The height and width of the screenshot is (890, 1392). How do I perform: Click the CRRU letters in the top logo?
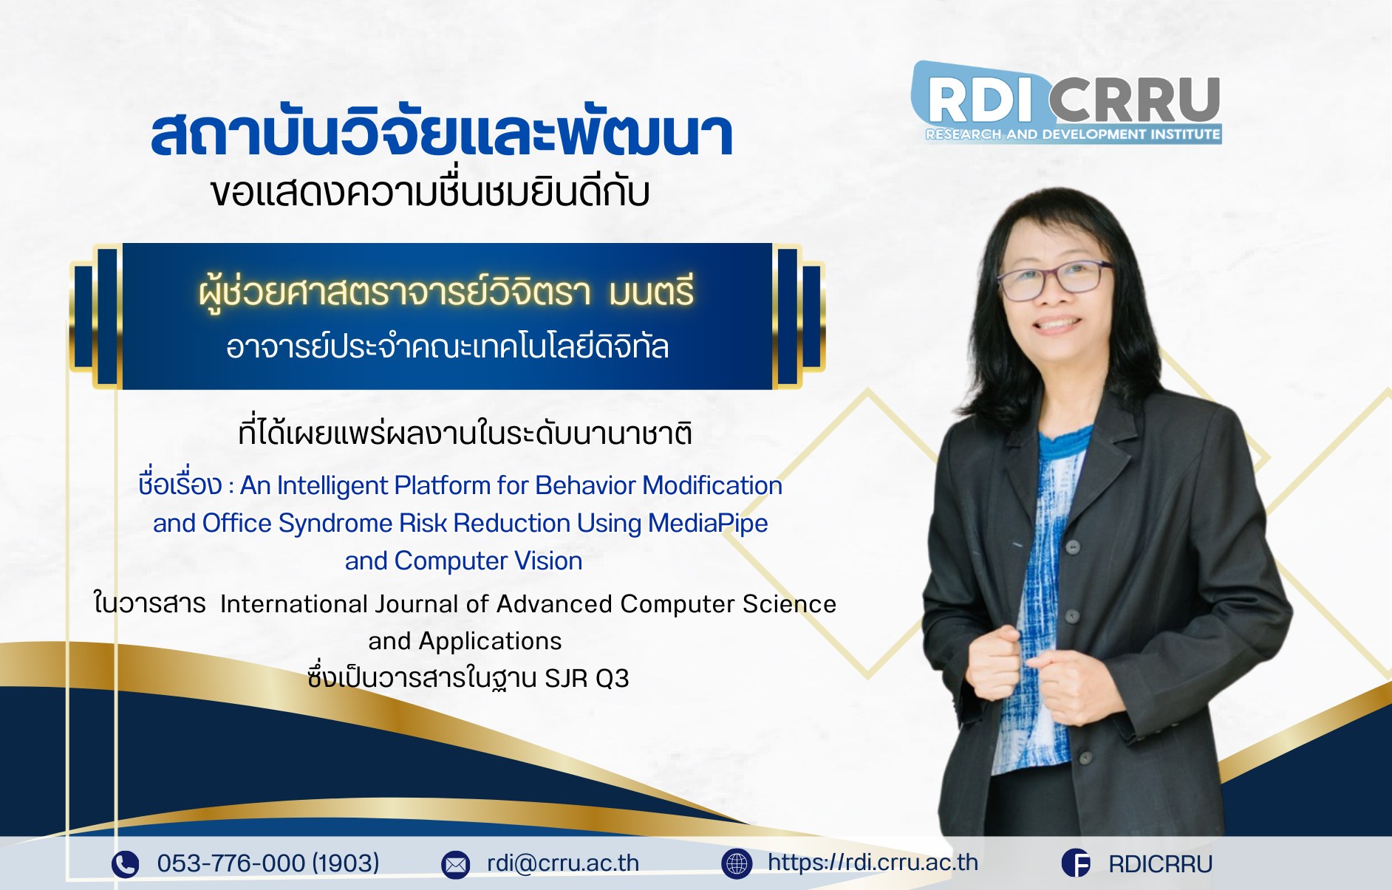(1134, 100)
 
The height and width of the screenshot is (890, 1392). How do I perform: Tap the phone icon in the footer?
(125, 863)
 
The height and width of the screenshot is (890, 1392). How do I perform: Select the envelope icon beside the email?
(455, 864)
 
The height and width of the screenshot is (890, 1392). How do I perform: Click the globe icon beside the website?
(737, 863)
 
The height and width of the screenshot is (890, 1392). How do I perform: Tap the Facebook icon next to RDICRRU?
(1076, 863)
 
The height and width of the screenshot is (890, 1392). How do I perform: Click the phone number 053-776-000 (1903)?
(268, 863)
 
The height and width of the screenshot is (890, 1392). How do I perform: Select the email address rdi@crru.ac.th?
(563, 863)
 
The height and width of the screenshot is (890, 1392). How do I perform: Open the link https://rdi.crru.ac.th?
(873, 862)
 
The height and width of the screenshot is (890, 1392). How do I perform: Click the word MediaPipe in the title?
(708, 524)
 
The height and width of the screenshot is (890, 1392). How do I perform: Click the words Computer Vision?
(488, 561)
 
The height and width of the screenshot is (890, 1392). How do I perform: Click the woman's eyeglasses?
(1054, 280)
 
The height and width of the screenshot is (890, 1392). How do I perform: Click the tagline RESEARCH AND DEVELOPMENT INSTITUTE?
(1073, 134)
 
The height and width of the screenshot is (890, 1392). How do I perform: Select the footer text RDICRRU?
(1160, 863)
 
